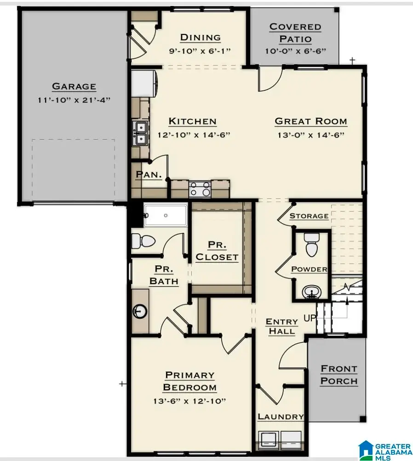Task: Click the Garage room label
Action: pos(74,86)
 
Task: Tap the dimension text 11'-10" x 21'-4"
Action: pos(74,100)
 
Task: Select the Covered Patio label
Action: pos(295,33)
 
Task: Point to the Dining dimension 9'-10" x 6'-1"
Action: pos(200,51)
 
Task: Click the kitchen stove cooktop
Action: pos(200,189)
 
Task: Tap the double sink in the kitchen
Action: pos(141,133)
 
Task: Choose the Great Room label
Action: pos(311,121)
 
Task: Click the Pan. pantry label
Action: pos(149,174)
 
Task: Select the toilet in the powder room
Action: pos(311,245)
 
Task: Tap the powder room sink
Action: pos(311,292)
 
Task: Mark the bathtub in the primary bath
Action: pos(165,215)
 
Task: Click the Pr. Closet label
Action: pos(217,251)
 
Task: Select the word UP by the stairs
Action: pos(310,318)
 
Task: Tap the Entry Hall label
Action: pos(281,326)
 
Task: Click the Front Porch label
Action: pos(339,375)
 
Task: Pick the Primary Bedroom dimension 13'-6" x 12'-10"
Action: pos(189,401)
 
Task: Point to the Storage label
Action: pos(309,216)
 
